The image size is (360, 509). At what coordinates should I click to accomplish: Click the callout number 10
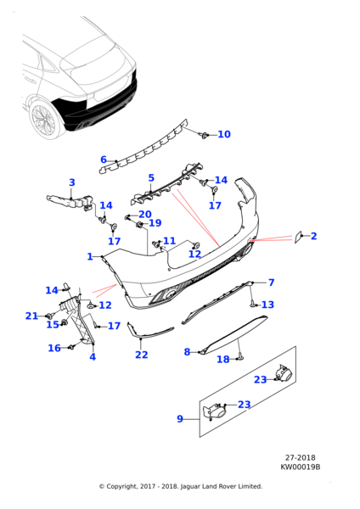coord(224,134)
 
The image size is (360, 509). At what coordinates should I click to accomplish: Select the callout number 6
coord(104,159)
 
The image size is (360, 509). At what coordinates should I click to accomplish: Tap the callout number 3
coord(72,182)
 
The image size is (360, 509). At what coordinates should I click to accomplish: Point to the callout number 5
coord(151,178)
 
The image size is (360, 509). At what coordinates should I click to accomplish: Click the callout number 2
coord(313,236)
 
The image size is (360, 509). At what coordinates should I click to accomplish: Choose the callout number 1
coord(90,256)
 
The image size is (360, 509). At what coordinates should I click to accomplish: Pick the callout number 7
coord(272,282)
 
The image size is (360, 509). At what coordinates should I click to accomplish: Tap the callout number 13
coord(267,305)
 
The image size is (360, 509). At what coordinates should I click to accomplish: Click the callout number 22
coord(142,355)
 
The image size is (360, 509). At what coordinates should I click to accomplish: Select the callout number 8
coord(187,351)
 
